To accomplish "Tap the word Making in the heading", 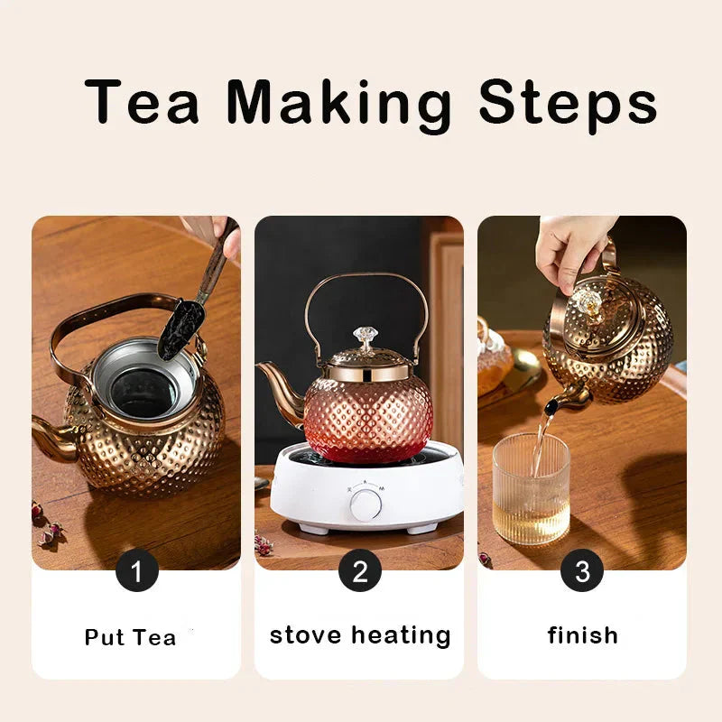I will coord(338,104).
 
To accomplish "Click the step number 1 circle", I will coord(137,570).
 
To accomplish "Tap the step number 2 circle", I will coord(359,570).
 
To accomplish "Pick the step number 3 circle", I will coord(582,570).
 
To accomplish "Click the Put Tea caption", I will coord(130,637).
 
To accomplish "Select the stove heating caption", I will coord(359,634).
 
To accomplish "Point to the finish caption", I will coord(582,635).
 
